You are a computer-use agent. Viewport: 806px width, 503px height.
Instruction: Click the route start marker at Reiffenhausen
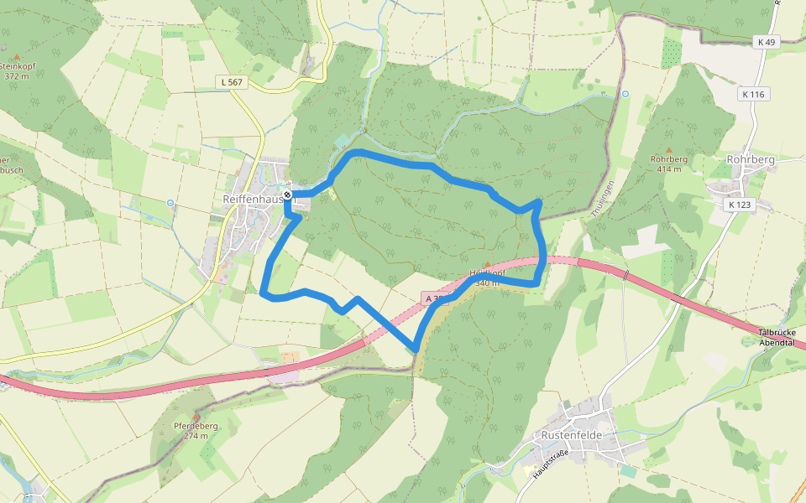point(287,194)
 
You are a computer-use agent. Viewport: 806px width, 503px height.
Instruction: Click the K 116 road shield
point(753,95)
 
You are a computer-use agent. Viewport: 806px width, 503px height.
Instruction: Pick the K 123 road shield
point(740,204)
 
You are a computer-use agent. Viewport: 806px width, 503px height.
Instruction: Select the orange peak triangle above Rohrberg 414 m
point(669,150)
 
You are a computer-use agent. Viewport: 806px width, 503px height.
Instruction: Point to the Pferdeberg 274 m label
point(196,430)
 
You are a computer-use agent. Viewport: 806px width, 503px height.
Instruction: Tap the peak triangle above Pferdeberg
point(196,416)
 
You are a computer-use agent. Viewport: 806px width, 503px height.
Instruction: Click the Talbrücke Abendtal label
point(782,337)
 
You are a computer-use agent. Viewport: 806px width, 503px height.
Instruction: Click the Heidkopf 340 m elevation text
point(487,283)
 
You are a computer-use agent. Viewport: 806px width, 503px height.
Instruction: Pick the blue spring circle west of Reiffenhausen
point(170,203)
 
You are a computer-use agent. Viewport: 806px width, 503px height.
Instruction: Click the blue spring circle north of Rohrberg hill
point(625,94)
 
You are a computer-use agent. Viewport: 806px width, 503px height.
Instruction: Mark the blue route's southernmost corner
point(416,350)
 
